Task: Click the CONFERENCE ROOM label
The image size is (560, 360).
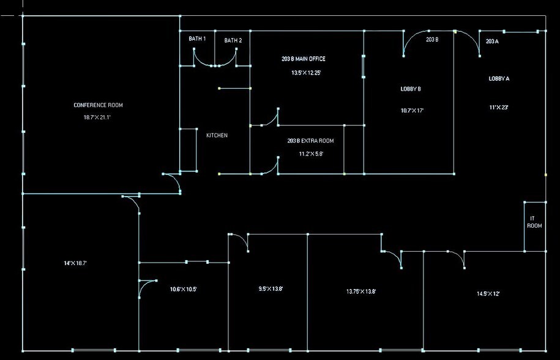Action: click(98, 105)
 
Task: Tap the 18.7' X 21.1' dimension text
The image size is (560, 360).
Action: click(97, 117)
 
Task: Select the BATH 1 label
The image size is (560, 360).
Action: click(197, 39)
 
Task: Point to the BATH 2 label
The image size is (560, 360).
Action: click(233, 40)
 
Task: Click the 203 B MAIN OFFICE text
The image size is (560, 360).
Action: click(304, 59)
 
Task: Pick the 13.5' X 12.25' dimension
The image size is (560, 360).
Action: click(306, 73)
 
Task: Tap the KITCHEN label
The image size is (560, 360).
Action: click(217, 135)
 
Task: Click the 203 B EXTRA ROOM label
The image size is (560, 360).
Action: click(311, 141)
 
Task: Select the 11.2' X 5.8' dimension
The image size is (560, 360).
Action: click(311, 154)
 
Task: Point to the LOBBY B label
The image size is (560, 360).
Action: click(411, 89)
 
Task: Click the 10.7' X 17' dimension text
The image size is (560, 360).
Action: click(412, 111)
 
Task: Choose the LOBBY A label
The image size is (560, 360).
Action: click(499, 78)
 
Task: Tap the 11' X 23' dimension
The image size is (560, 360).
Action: click(499, 107)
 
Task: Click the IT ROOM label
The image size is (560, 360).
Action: click(534, 222)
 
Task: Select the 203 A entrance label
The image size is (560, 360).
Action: click(492, 42)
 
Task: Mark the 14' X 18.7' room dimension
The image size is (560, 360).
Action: click(75, 263)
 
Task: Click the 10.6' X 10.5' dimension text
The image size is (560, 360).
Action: click(183, 289)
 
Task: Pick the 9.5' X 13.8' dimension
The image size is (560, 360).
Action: click(271, 288)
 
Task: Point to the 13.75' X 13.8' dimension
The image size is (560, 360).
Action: click(361, 291)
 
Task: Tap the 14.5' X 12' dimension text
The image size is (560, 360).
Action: click(488, 294)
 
